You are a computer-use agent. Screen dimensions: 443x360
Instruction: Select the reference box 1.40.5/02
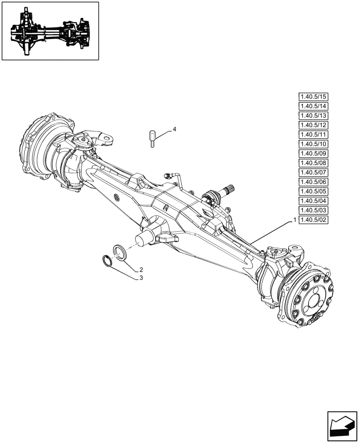313,220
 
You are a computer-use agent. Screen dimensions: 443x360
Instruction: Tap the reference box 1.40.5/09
313,154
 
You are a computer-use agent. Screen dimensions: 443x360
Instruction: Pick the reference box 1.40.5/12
313,125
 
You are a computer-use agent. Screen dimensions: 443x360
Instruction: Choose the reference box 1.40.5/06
313,182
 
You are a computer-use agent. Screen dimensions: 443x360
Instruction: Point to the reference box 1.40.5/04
313,201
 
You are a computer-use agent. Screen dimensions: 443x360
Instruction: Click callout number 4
174,129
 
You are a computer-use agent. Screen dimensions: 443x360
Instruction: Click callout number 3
141,278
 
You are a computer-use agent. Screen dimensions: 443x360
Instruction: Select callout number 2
141,269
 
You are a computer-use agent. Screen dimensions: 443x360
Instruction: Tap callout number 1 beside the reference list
294,220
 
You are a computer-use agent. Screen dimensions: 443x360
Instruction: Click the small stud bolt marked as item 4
152,139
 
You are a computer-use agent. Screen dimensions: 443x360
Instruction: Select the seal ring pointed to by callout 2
119,251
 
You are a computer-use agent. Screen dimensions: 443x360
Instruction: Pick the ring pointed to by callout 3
107,261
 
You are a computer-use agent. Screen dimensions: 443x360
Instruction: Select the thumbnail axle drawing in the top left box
50,31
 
